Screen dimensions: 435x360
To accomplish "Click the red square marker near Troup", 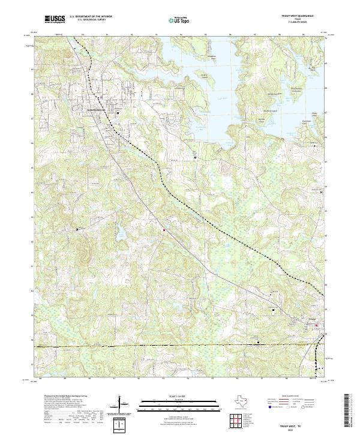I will click(319, 327).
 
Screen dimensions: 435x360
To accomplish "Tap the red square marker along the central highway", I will click(162, 229).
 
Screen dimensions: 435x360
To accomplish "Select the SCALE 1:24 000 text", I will click(180, 396).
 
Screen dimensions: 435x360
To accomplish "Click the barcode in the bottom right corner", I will click(351, 411).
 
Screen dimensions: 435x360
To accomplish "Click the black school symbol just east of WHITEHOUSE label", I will click(118, 112).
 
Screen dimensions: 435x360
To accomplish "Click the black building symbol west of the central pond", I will click(77, 229).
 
